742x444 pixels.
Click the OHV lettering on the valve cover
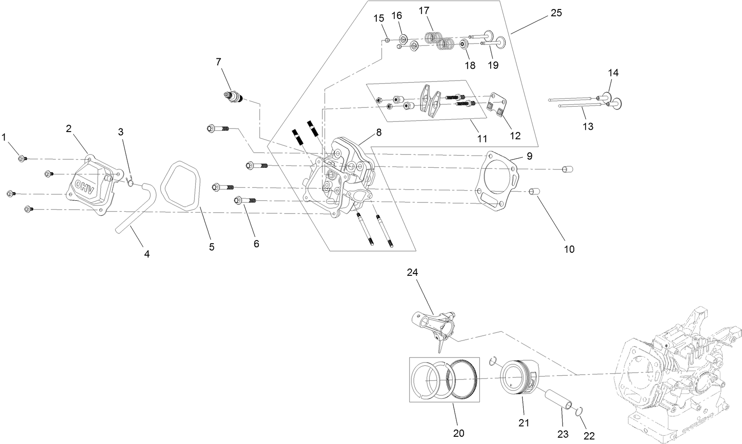85,187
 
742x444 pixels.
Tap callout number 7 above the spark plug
219,61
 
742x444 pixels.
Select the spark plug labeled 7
234,97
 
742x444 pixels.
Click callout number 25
556,13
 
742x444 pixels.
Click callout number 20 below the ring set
458,433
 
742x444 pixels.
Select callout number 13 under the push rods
587,126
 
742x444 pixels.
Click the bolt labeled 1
21,158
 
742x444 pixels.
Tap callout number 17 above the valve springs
423,10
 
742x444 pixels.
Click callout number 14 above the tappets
613,72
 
